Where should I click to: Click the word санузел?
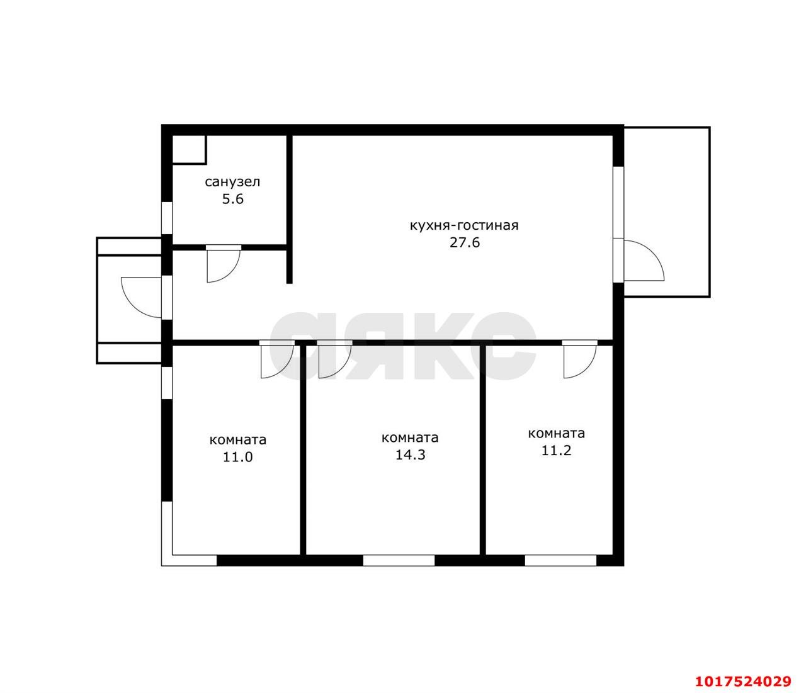point(232,182)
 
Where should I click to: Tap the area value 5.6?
point(233,199)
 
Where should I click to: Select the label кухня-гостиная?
point(464,226)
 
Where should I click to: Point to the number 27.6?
point(465,242)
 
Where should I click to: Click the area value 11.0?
point(238,457)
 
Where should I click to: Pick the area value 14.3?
point(410,455)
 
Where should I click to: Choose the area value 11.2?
point(557,451)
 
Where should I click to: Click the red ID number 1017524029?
point(744,681)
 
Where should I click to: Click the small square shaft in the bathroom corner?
point(189,149)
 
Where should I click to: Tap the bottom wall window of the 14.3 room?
point(399,560)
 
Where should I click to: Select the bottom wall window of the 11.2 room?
point(560,560)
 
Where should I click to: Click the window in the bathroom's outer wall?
point(167,218)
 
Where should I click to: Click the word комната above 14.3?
point(410,437)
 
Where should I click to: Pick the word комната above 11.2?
point(557,434)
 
